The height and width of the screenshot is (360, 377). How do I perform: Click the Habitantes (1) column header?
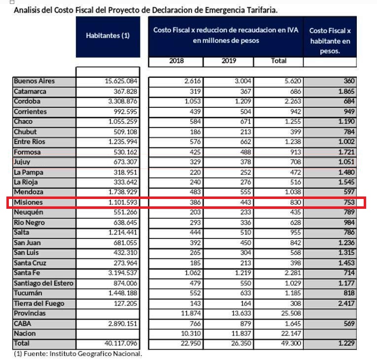107,36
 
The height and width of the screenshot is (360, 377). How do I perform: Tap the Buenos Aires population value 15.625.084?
121,81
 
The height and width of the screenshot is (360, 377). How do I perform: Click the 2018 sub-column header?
176,61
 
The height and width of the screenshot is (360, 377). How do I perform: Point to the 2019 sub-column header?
228,61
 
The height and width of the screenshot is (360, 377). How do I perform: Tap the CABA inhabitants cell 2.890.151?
121,324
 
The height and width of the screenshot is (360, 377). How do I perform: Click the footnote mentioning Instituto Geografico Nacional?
77,353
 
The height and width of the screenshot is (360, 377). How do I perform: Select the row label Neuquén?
28,212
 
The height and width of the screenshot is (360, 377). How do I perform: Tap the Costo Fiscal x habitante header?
330,40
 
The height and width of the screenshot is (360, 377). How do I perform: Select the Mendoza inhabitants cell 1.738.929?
121,192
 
